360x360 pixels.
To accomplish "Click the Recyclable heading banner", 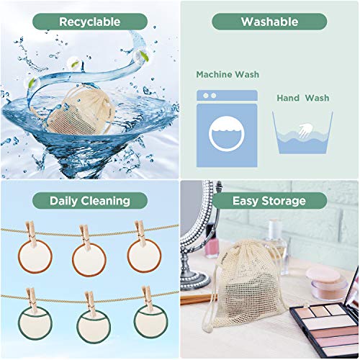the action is pos(90,22).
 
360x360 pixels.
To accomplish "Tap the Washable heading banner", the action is pos(269,22).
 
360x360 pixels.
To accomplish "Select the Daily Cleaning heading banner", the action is pos(90,201).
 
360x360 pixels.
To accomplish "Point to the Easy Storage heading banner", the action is pos(269,201).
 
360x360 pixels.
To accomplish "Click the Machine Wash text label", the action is pos(228,74).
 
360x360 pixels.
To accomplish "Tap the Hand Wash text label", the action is pos(303,98).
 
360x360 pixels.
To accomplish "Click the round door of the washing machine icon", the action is pos(227,134).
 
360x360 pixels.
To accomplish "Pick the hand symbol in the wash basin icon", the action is pos(305,130).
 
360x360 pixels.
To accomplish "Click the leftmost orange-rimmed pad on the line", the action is pos(35,257).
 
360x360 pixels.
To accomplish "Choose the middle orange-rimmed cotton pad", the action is pos(89,259).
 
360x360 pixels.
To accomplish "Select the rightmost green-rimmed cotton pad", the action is pos(150,321).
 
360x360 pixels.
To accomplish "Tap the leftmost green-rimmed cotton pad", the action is pos(35,323).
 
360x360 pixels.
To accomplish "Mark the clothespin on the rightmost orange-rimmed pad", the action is pos(140,233).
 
